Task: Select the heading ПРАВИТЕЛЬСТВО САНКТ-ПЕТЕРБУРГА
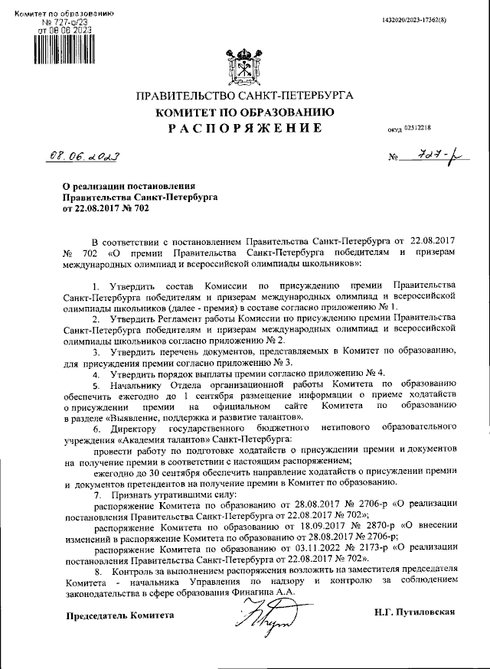click(244, 96)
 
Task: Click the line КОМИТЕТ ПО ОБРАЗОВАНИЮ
click(244, 112)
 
